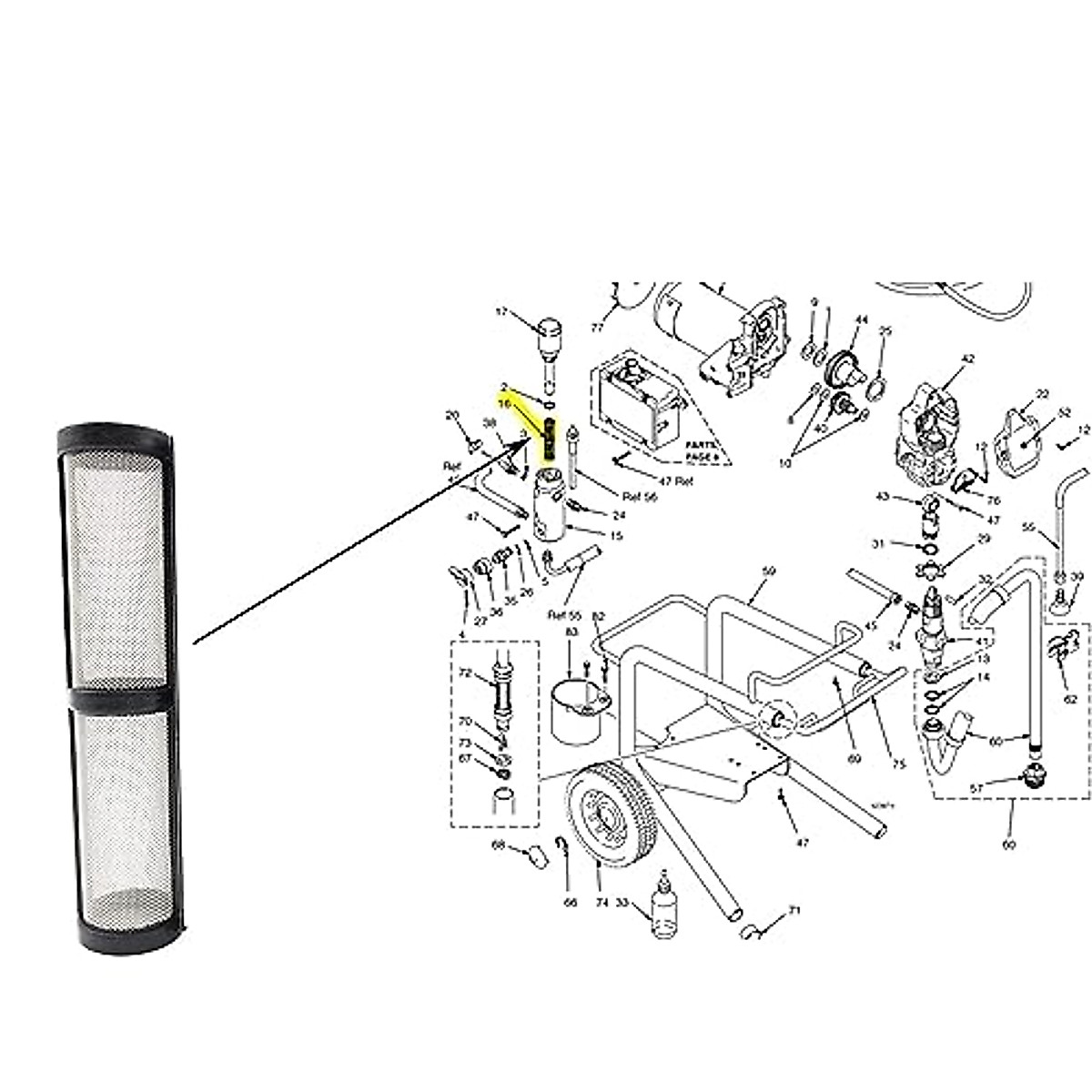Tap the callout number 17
coord(501,312)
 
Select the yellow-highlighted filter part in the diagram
coord(550,440)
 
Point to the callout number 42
coord(967,359)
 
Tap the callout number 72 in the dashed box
coord(465,674)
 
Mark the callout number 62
coord(1070,699)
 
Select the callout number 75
coord(899,764)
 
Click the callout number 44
coord(862,319)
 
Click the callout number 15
coord(616,536)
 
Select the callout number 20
coord(452,416)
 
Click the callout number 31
coord(878,544)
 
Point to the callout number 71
coord(794,911)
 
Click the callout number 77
coord(597,326)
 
